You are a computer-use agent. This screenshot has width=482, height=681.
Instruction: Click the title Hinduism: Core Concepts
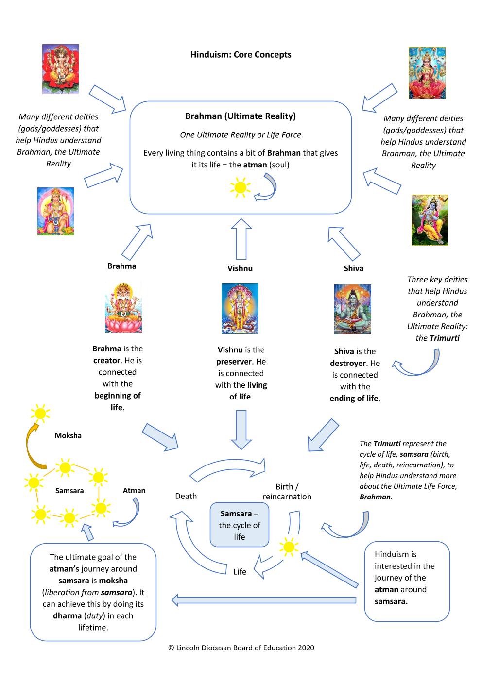(x=241, y=55)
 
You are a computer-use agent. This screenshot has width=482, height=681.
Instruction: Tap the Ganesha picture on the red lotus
(x=60, y=69)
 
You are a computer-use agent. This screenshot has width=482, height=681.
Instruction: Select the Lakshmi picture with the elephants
(x=427, y=72)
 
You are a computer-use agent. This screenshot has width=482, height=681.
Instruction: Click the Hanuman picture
(x=55, y=211)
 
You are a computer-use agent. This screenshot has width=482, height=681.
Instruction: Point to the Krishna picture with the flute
(x=430, y=220)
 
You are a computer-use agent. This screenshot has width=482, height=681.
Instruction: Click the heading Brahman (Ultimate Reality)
(x=241, y=116)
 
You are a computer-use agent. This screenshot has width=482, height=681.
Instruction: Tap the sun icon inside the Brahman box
(x=241, y=187)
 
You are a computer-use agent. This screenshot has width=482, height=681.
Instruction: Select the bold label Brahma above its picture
(x=122, y=266)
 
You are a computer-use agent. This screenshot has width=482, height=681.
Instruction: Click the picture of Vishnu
(x=240, y=309)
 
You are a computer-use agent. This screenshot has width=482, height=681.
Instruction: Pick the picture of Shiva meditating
(x=352, y=309)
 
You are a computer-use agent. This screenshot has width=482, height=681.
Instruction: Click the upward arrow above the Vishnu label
(x=241, y=239)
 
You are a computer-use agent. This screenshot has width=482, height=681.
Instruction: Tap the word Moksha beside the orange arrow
(x=68, y=436)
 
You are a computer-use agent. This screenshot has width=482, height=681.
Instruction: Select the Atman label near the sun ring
(x=134, y=490)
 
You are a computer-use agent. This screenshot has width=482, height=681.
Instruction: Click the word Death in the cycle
(x=186, y=496)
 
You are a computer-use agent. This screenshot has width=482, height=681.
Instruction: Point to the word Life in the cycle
(x=240, y=572)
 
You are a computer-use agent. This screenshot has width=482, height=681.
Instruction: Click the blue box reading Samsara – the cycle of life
(x=240, y=525)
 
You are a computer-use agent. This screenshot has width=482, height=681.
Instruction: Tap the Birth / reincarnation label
(x=287, y=492)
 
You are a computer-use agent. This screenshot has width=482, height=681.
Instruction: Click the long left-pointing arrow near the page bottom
(x=264, y=600)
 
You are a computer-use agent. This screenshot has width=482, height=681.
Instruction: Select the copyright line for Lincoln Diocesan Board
(x=241, y=648)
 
